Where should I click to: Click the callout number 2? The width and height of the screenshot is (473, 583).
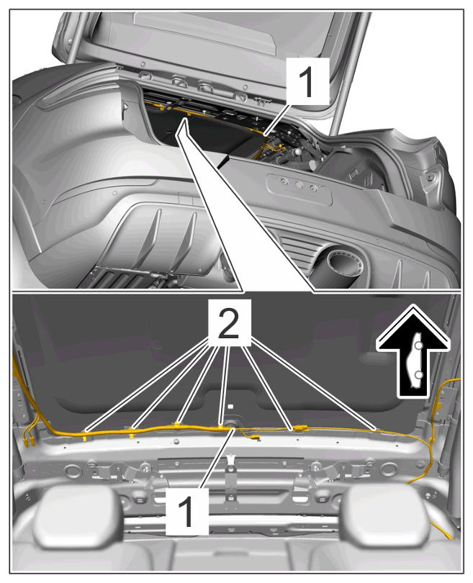pos(229,324)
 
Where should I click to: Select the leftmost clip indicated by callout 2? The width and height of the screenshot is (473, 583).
pos(85,433)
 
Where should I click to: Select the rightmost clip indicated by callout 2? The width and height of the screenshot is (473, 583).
pos(376,430)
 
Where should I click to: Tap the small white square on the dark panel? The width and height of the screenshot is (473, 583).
pos(230,407)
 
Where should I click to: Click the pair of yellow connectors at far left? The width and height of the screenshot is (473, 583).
pos(29,440)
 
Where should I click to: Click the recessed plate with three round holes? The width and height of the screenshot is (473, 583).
pos(299,189)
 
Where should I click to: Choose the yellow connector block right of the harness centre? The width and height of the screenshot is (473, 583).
pos(300,428)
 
